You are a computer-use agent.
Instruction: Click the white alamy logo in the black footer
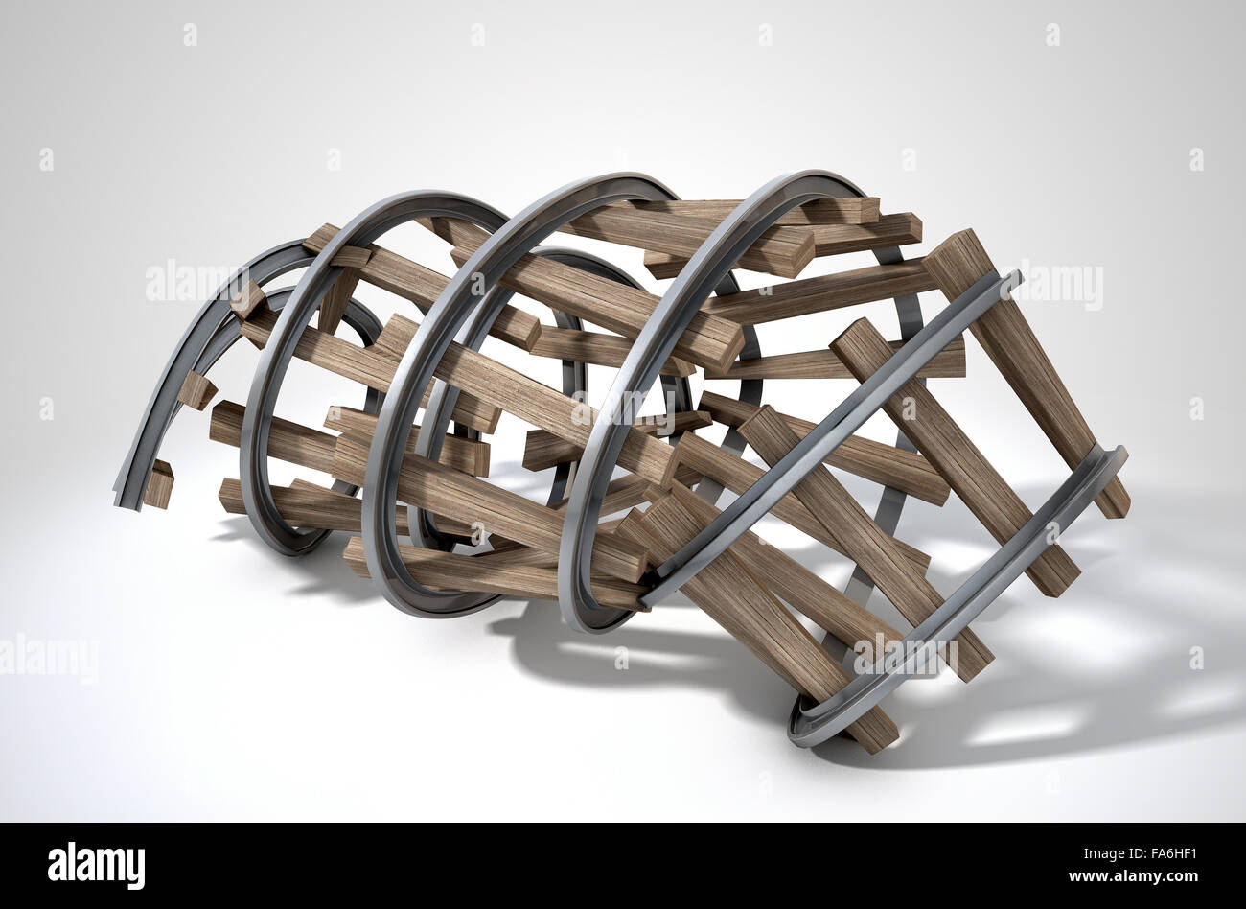[96, 865]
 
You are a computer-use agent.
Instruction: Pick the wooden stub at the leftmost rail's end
[159, 484]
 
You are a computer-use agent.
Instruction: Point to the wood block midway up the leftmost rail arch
[196, 389]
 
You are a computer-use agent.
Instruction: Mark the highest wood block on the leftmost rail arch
[247, 299]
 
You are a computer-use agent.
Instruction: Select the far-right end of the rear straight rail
[1117, 458]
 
